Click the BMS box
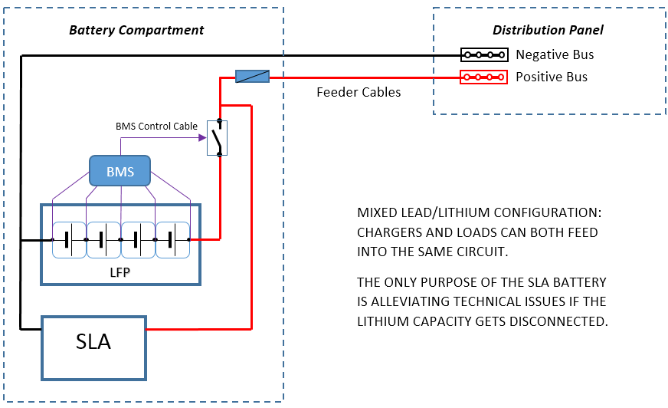(120, 171)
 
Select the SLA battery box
(93, 342)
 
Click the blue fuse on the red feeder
(252, 77)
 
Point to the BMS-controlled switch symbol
(218, 139)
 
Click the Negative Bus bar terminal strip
(484, 55)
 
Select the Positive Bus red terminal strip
(484, 77)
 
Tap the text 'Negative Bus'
(555, 55)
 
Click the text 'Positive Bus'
(552, 77)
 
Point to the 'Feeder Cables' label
(359, 92)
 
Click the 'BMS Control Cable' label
(156, 126)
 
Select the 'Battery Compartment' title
(136, 31)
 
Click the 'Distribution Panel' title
(548, 31)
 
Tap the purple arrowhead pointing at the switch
(202, 138)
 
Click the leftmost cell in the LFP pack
(68, 239)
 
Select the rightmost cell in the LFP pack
(172, 239)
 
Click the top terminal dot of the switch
(219, 122)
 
